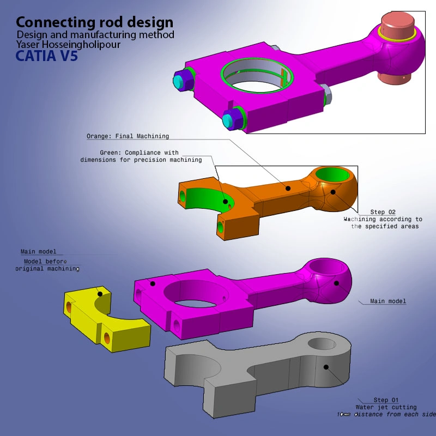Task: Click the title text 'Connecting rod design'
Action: click(x=94, y=22)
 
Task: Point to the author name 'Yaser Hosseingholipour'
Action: click(x=68, y=44)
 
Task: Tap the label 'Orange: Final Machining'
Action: click(x=128, y=136)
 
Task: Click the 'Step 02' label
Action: click(x=383, y=212)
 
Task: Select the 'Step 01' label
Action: click(x=386, y=400)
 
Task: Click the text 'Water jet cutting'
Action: click(x=386, y=407)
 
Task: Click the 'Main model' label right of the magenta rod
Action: click(x=388, y=301)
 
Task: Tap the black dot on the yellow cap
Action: click(x=99, y=294)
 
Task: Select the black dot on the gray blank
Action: click(x=326, y=367)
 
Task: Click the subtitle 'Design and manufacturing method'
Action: click(x=95, y=35)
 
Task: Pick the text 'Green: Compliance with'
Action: click(x=139, y=153)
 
